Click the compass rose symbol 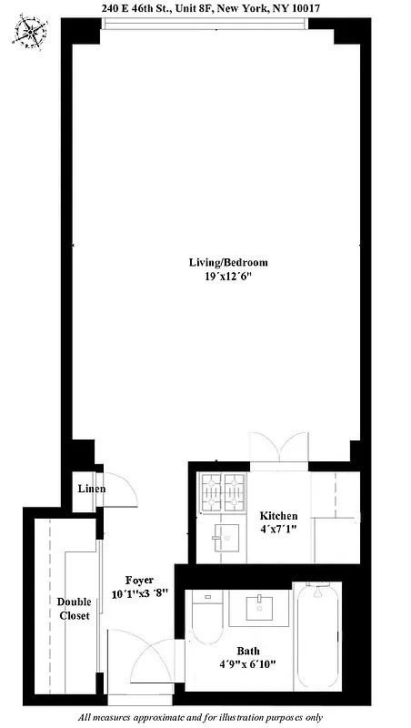[x=30, y=35]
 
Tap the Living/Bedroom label [x=228, y=263]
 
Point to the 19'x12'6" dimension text [x=228, y=277]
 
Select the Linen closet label [x=91, y=490]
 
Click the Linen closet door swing [x=121, y=491]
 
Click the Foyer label [x=139, y=580]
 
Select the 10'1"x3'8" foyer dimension [x=139, y=592]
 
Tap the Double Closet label [x=74, y=609]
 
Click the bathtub [x=317, y=637]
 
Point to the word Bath [x=247, y=651]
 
